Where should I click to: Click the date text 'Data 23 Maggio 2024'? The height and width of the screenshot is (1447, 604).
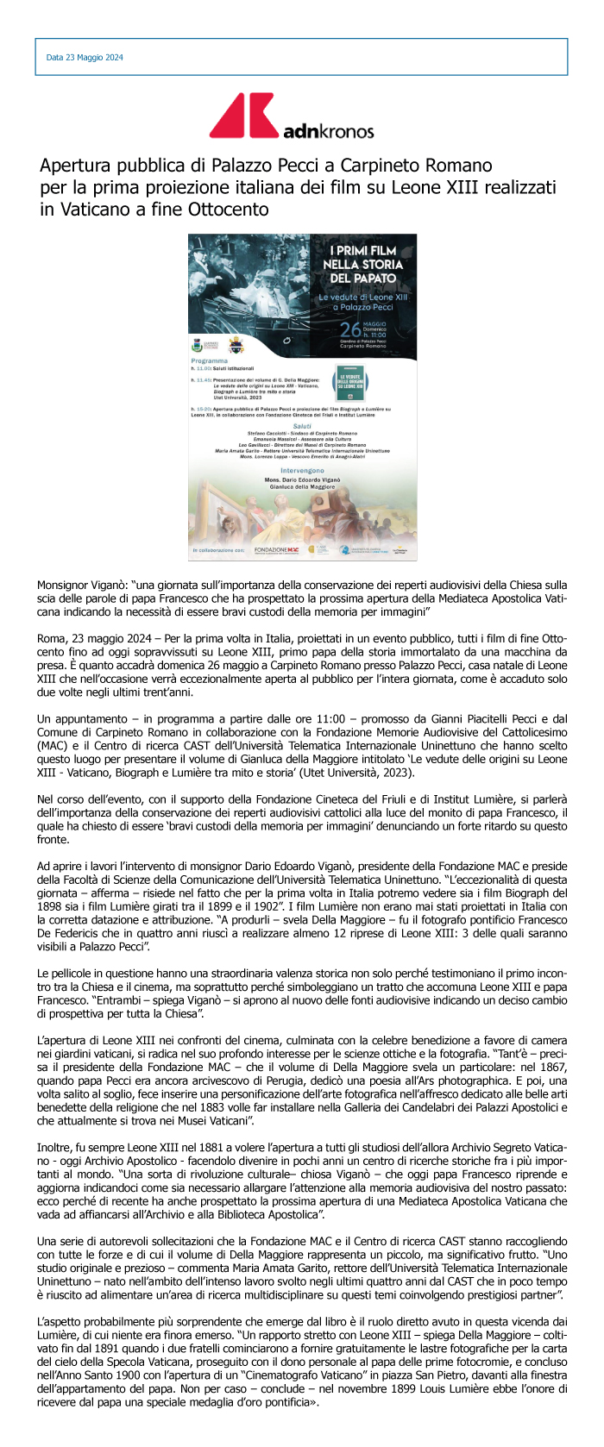pyautogui.click(x=85, y=58)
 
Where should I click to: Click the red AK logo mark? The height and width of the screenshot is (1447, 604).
pyautogui.click(x=244, y=116)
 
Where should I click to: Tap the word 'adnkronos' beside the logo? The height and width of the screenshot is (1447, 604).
pyautogui.click(x=328, y=131)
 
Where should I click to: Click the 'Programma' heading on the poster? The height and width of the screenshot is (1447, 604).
pyautogui.click(x=210, y=360)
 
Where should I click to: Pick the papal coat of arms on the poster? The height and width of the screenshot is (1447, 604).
pyautogui.click(x=235, y=344)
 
